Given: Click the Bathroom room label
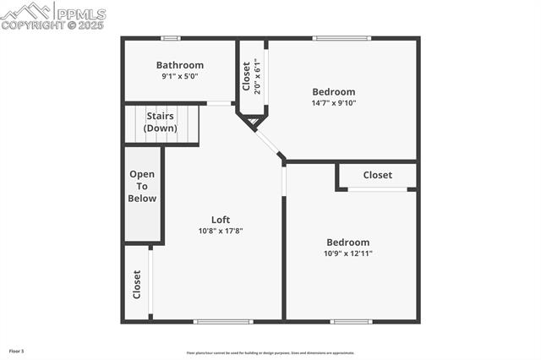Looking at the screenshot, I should [179, 65].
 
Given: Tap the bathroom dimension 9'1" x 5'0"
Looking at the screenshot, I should [179, 77].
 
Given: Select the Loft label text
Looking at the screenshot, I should [221, 220].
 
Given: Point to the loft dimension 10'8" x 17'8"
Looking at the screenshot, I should [221, 231].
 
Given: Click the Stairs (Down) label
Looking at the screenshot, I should [161, 122].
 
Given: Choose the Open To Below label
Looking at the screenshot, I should [142, 186].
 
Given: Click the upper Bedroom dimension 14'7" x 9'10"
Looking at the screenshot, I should [334, 103].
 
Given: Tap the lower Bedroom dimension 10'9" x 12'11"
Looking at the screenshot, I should [347, 253].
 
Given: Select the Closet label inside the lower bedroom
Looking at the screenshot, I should [377, 175].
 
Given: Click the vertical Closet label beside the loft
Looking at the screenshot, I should [137, 284].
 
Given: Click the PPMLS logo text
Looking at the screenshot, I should [80, 14].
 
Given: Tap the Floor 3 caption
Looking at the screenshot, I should [17, 350].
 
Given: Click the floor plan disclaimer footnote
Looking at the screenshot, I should [270, 353].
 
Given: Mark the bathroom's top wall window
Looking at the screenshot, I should [171, 38].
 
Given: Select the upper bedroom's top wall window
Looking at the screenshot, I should [342, 38].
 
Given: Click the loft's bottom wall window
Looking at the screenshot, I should [223, 321].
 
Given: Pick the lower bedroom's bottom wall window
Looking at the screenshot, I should [351, 321].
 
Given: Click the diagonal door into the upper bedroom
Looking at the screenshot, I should [269, 142].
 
